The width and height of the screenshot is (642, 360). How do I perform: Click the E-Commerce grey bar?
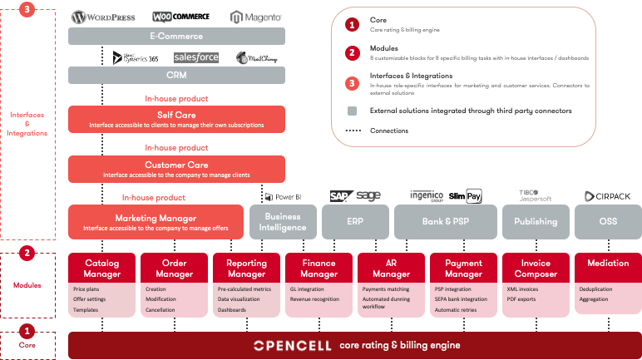pos(176,37)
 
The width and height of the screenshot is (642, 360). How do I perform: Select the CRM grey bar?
pos(176,76)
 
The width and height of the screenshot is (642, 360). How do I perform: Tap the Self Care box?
pos(176,118)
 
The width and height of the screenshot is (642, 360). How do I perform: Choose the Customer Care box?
pos(176,169)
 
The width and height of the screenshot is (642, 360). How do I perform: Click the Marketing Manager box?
pos(156,222)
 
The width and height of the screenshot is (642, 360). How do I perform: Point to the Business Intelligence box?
pos(277,222)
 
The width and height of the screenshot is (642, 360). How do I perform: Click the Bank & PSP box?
pos(445,222)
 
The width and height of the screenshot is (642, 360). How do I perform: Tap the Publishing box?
pos(536,222)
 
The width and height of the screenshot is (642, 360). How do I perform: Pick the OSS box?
pos(608,222)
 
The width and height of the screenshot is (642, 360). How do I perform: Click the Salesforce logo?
pos(196,57)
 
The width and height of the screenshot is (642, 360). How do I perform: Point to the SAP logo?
pos(338,196)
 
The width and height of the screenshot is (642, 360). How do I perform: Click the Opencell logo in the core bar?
pos(290,345)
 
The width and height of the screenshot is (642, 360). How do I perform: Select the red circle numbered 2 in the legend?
pos(352,52)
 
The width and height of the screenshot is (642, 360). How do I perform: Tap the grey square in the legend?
pos(352,110)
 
